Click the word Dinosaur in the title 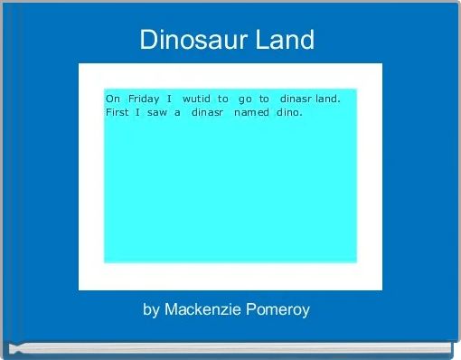tap(191, 40)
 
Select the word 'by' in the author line tap(151, 309)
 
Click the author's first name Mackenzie tap(201, 309)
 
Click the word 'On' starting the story tap(113, 98)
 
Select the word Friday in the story tap(144, 98)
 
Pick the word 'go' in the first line tap(244, 98)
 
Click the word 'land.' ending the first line tap(328, 98)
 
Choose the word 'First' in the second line tap(118, 112)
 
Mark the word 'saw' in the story tap(156, 112)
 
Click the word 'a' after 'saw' tap(178, 112)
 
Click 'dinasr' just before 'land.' tap(296, 98)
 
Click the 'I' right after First tap(136, 112)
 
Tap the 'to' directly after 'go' tap(264, 98)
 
